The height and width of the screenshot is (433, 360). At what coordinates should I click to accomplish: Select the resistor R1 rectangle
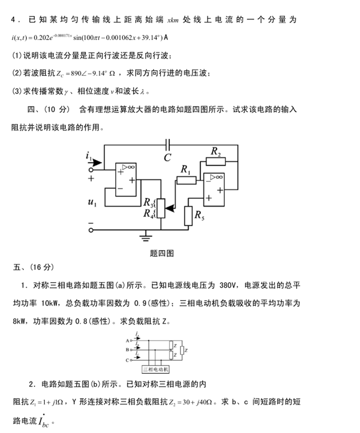186,180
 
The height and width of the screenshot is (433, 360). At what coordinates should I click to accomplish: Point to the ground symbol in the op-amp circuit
146,237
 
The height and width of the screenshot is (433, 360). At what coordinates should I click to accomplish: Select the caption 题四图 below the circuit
162,253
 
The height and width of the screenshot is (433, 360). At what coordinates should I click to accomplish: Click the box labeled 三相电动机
156,369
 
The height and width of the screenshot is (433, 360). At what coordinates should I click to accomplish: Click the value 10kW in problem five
51,303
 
